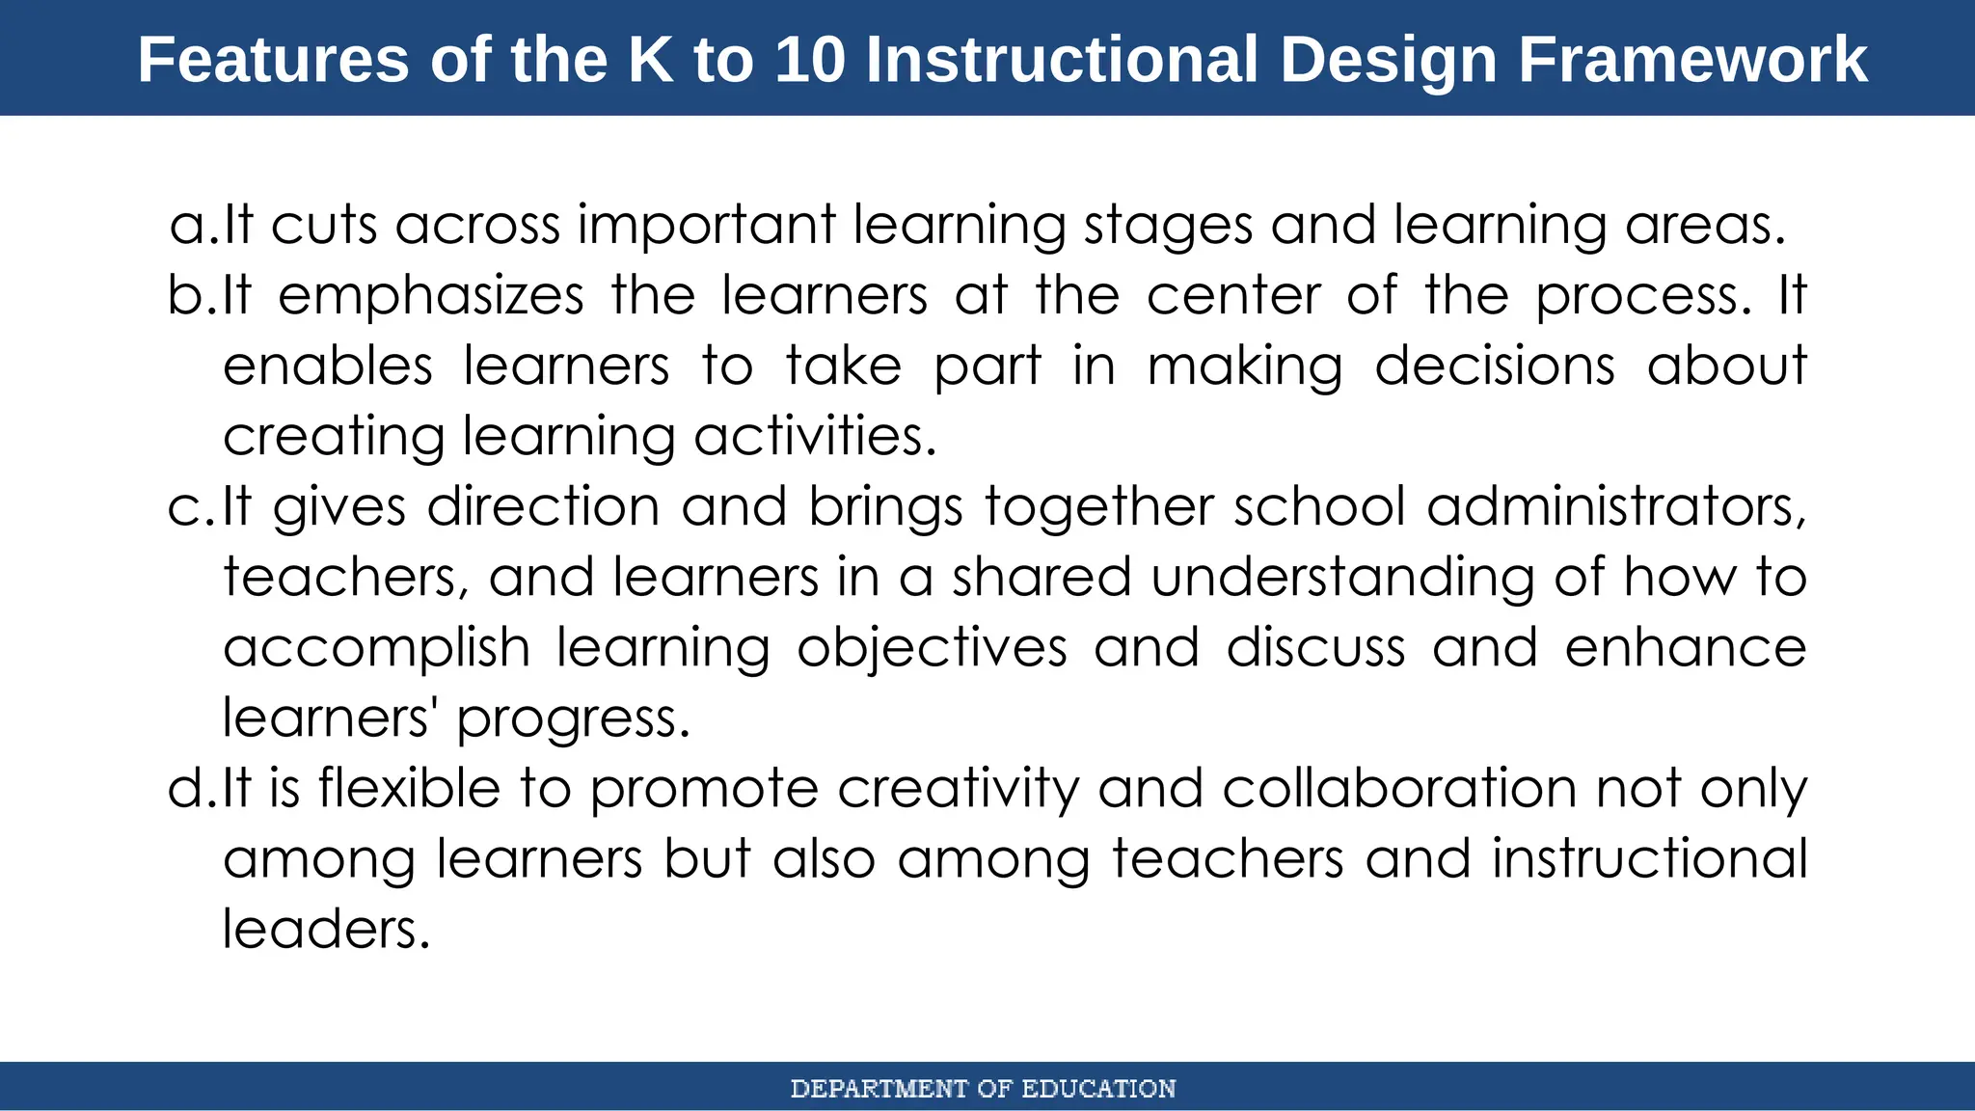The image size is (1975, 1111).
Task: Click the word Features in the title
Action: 274,60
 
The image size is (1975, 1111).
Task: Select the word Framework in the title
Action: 1692,60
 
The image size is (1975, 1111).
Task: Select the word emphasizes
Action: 431,295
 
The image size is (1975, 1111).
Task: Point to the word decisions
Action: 1494,366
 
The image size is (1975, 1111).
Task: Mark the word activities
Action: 815,436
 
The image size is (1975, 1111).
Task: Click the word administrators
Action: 1615,507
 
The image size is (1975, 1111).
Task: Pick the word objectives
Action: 932,648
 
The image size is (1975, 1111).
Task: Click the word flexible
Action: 409,789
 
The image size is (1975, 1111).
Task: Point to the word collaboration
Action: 1398,789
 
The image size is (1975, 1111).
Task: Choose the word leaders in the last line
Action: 325,930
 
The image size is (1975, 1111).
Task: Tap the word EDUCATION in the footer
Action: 1098,1089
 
